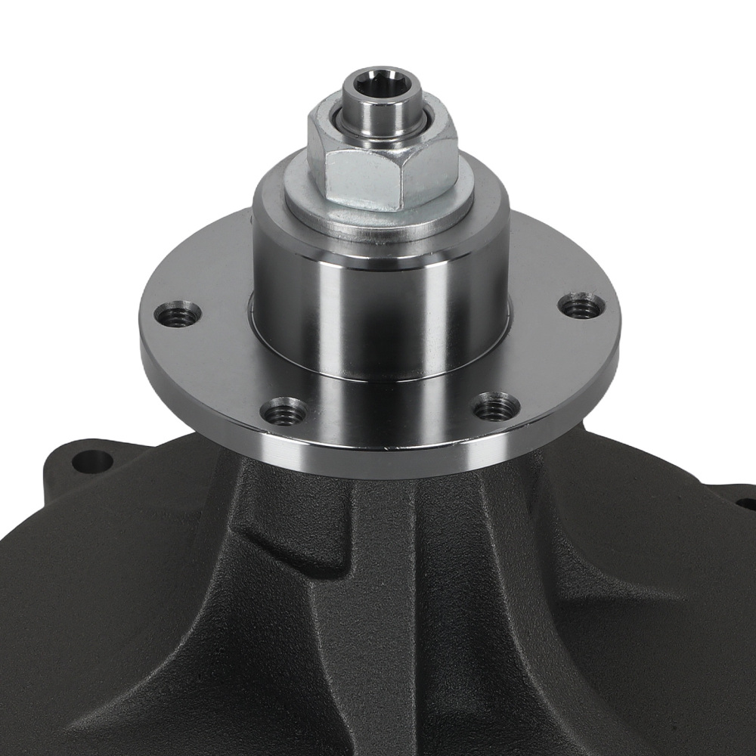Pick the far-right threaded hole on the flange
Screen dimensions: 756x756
[581, 305]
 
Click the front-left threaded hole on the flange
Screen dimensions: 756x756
[283, 411]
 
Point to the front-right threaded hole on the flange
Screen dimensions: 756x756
[496, 407]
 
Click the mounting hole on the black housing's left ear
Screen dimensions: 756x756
[91, 460]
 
